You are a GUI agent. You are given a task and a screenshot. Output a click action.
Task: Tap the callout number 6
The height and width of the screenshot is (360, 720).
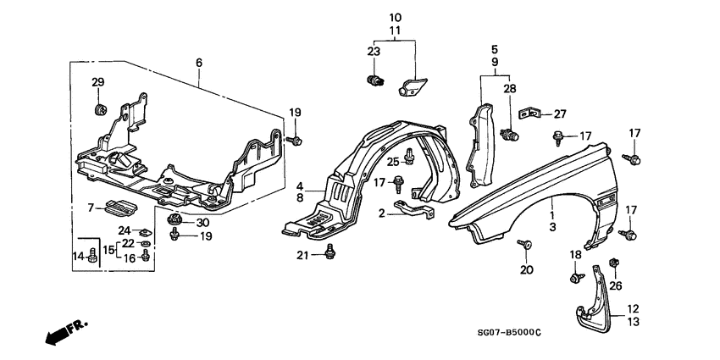(x=199, y=63)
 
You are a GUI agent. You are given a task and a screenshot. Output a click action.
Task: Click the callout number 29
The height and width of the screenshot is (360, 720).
(x=97, y=82)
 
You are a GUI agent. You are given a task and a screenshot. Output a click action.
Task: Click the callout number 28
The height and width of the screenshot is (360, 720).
(x=509, y=89)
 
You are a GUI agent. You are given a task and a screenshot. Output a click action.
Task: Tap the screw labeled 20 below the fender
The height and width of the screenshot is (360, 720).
(x=526, y=246)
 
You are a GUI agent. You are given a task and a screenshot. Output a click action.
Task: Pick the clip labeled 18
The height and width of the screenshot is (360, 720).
(x=575, y=277)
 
